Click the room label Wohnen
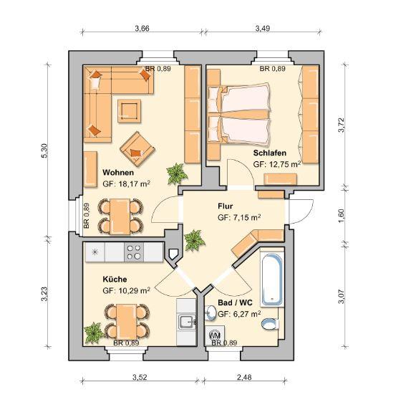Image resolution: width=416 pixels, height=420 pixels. point(117,173)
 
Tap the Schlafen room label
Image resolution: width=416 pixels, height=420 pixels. point(270,153)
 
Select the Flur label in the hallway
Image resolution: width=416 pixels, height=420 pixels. point(226,205)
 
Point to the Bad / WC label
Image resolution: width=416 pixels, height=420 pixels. point(235,303)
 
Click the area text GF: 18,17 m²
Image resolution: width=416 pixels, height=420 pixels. point(126,184)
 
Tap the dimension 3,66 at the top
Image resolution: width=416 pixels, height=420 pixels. point(141,29)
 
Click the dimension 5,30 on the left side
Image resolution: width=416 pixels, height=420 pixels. point(44,152)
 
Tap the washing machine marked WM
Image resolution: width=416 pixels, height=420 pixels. point(213,335)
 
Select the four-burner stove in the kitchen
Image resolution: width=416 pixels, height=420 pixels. point(134,252)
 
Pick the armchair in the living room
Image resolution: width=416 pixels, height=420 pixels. point(137,148)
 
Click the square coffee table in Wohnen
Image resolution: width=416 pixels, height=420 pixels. point(130,110)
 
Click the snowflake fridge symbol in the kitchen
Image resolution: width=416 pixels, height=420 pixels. point(94,252)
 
